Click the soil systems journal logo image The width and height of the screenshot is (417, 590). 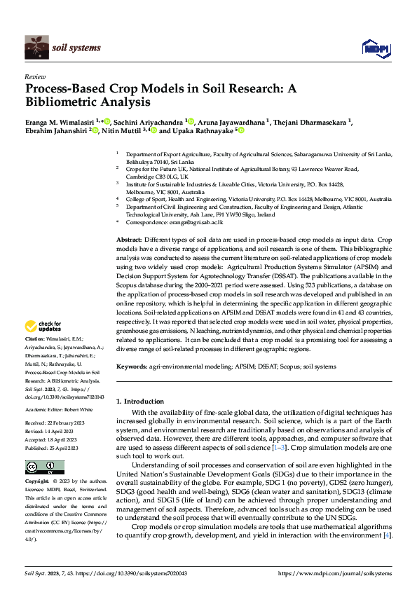[x=36, y=47]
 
